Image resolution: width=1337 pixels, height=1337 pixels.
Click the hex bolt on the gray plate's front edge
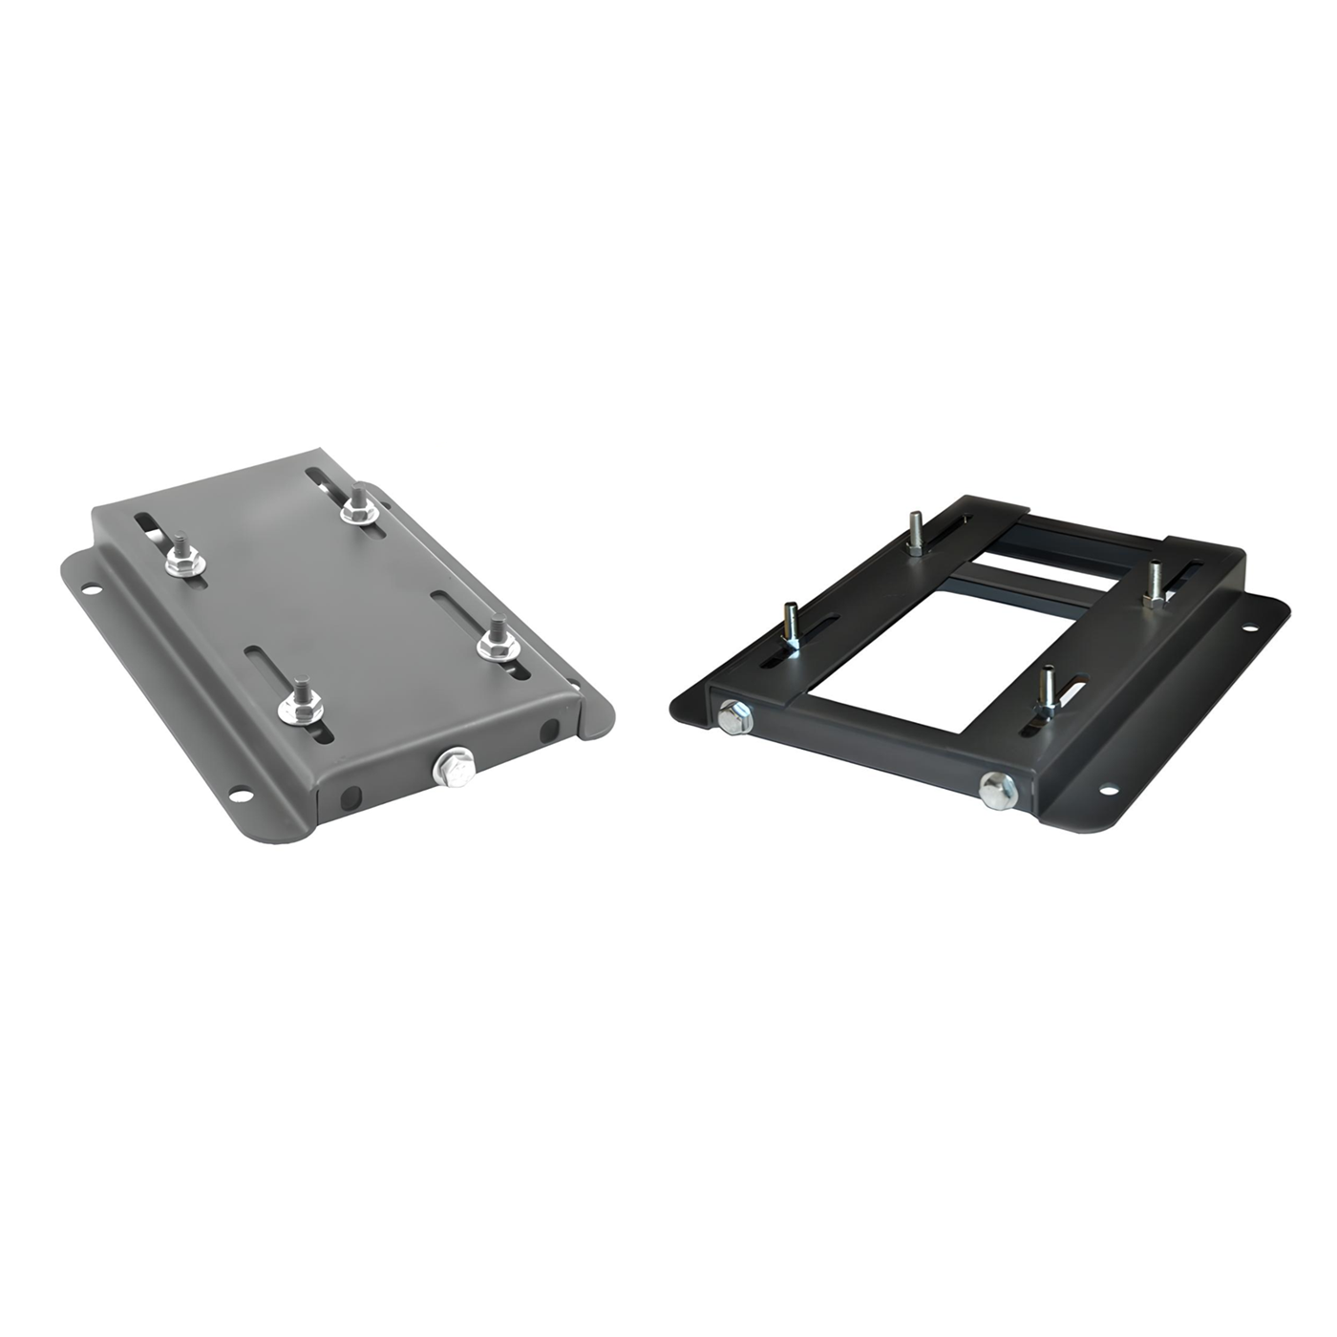pyautogui.click(x=451, y=767)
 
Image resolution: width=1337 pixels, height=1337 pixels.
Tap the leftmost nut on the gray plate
pyautogui.click(x=183, y=562)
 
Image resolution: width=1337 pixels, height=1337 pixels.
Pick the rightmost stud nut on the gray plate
pyautogui.click(x=497, y=641)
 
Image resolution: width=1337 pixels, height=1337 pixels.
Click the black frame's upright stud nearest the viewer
pyautogui.click(x=1049, y=690)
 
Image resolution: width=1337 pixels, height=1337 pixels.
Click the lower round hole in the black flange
pyautogui.click(x=1109, y=791)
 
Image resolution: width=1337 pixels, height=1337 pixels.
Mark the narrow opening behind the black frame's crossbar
pyautogui.click(x=1050, y=554)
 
